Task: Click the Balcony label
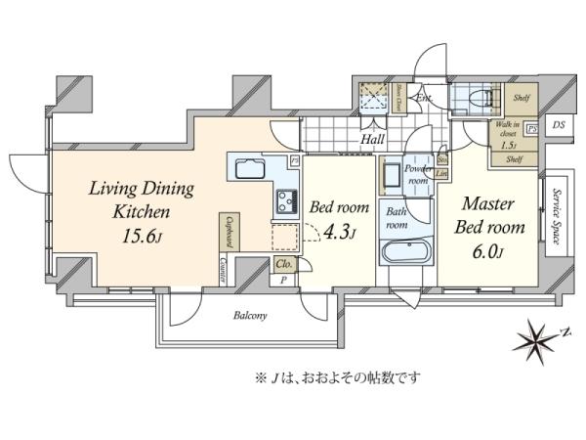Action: coord(250,317)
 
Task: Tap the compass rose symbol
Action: coord(533,339)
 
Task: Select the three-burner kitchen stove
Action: coord(285,202)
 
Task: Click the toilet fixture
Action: coord(478,99)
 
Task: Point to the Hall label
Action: coord(372,141)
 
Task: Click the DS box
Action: coord(558,125)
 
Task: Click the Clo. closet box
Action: coord(284,264)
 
